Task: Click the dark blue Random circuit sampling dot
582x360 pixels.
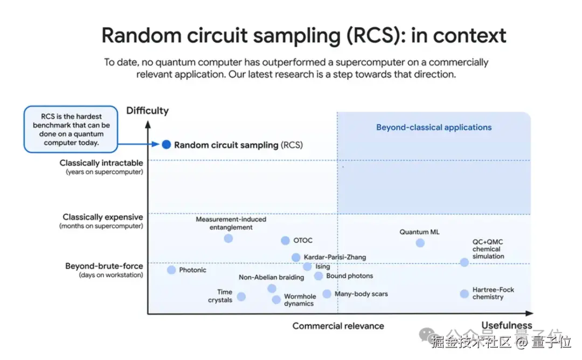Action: click(167, 144)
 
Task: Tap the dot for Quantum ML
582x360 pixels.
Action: click(420, 243)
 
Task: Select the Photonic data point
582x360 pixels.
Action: click(171, 270)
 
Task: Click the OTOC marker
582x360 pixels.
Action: click(285, 240)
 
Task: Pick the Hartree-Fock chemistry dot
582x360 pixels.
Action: click(465, 294)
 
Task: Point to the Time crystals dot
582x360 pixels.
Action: click(241, 296)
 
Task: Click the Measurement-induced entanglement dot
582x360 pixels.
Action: click(228, 238)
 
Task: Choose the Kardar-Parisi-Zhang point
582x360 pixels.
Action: click(296, 258)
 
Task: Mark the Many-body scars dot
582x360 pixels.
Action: click(327, 294)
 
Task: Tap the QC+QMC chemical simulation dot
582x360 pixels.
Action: click(465, 262)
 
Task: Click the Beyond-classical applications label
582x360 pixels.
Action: click(434, 128)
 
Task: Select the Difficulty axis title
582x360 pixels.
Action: click(147, 111)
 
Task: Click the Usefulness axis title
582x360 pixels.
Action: click(507, 325)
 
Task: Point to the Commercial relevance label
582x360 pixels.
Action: click(338, 326)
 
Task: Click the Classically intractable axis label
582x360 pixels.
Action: click(101, 163)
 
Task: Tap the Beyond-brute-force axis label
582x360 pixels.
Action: click(104, 266)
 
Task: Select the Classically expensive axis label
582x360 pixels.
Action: click(102, 217)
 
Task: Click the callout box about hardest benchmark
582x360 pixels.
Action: click(71, 129)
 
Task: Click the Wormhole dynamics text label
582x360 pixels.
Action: click(300, 300)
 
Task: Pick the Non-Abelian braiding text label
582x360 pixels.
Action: click(271, 278)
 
